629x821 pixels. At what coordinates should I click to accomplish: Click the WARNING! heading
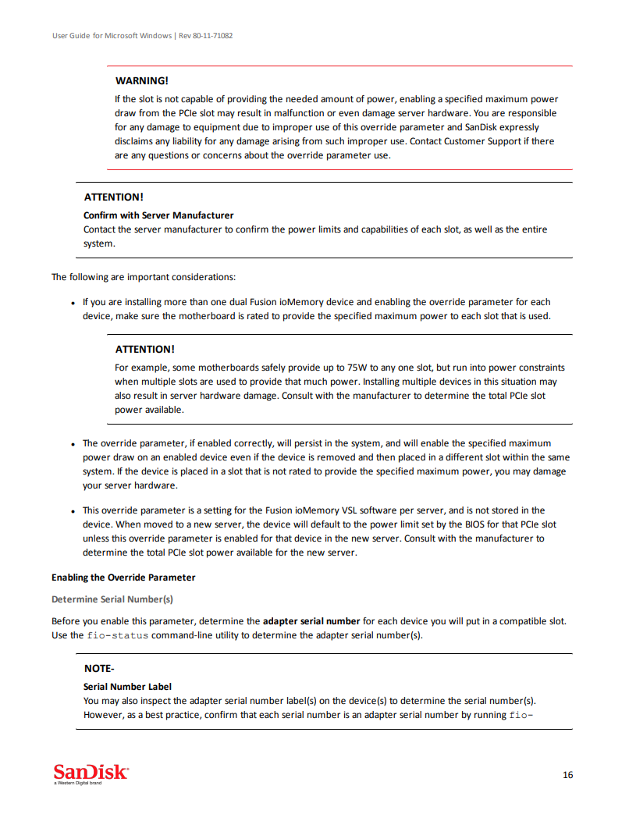(x=141, y=80)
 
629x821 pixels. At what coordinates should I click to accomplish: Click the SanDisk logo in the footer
(x=91, y=773)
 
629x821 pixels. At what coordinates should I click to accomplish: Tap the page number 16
(x=567, y=775)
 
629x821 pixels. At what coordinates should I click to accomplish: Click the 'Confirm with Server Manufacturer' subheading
(x=158, y=215)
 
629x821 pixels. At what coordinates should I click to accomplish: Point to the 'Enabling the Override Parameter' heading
(x=123, y=578)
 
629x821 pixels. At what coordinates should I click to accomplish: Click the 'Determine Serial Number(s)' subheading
(x=112, y=599)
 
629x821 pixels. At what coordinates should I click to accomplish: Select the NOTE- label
(x=99, y=669)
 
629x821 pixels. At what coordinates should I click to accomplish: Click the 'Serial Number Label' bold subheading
(x=127, y=687)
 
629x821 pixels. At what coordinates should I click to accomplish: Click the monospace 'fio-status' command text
(x=117, y=635)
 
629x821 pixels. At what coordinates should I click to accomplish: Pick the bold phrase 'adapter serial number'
(x=311, y=621)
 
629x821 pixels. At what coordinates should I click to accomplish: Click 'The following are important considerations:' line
(x=144, y=277)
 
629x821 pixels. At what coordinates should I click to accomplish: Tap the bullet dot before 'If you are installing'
(x=73, y=303)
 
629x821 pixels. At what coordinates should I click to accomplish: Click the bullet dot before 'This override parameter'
(x=73, y=511)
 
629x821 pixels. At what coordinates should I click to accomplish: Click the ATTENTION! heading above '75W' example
(x=144, y=349)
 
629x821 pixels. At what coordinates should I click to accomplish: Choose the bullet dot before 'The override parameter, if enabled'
(x=73, y=444)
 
